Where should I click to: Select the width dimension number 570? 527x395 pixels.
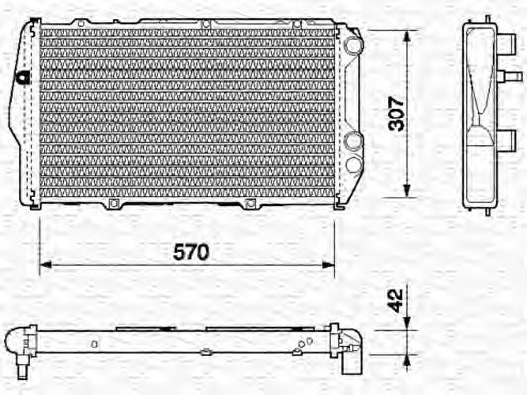[191, 252]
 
